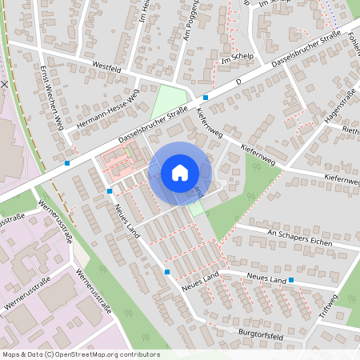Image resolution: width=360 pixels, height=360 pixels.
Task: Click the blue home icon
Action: click(x=180, y=172)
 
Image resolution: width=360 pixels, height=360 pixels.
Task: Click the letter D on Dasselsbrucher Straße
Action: click(x=238, y=82)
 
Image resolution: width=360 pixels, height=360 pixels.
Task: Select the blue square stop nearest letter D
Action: click(x=206, y=98)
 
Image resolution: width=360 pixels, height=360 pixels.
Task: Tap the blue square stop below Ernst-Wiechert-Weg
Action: click(x=67, y=162)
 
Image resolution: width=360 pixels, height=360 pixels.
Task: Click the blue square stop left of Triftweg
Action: click(x=291, y=281)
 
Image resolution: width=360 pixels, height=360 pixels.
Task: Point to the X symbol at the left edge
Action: click(x=5, y=83)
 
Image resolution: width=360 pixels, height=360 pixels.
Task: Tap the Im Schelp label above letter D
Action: click(x=236, y=58)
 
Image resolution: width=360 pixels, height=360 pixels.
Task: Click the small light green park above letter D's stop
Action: click(x=168, y=100)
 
